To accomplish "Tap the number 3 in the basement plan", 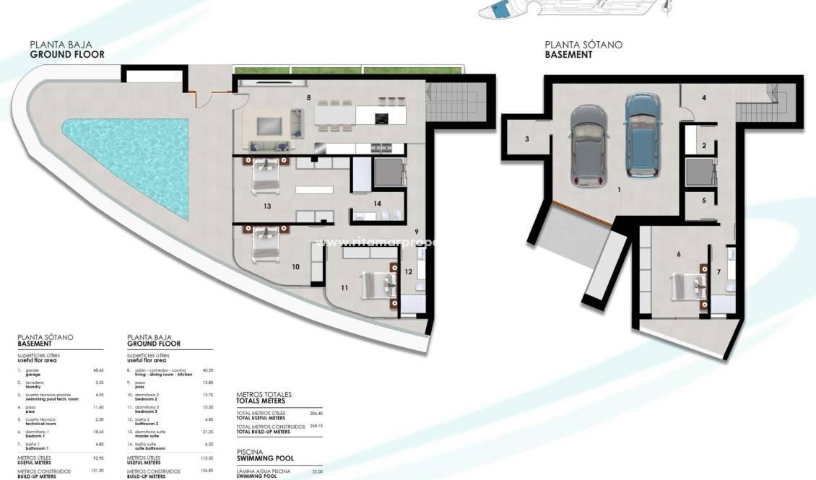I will pos(527,139).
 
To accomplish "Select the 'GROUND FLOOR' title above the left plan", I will pos(67,54).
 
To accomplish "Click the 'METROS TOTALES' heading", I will pos(264,394).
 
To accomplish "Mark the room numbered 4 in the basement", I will pos(703,97).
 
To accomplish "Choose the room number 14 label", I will pos(377,204).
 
